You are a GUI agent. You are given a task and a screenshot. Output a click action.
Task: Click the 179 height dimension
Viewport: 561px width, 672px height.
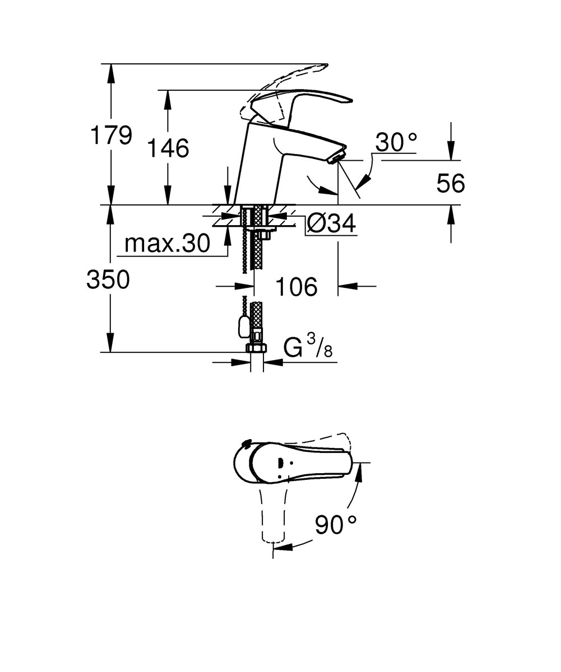(x=111, y=135)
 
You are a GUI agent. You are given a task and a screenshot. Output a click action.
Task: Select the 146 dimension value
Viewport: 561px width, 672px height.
(x=168, y=148)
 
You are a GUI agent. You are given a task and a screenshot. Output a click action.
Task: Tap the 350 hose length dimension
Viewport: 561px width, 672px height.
(x=108, y=279)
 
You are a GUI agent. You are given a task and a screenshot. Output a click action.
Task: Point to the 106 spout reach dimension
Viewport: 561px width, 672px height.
(x=296, y=286)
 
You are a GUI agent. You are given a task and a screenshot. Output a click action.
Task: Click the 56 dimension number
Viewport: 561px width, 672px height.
(x=451, y=183)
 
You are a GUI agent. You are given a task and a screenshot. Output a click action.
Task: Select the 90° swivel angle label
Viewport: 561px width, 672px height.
(x=336, y=525)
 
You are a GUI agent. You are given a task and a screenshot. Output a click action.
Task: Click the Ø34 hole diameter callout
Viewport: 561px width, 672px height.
(x=331, y=223)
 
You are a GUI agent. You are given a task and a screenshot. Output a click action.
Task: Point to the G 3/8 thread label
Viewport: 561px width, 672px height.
(x=308, y=346)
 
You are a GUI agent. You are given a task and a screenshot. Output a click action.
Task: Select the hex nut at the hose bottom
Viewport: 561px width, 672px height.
(x=256, y=348)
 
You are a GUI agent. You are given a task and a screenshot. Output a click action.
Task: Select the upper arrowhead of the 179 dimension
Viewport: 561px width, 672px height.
(x=110, y=74)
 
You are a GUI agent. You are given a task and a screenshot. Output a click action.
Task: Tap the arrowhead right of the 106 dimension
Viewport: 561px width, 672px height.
(x=349, y=286)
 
